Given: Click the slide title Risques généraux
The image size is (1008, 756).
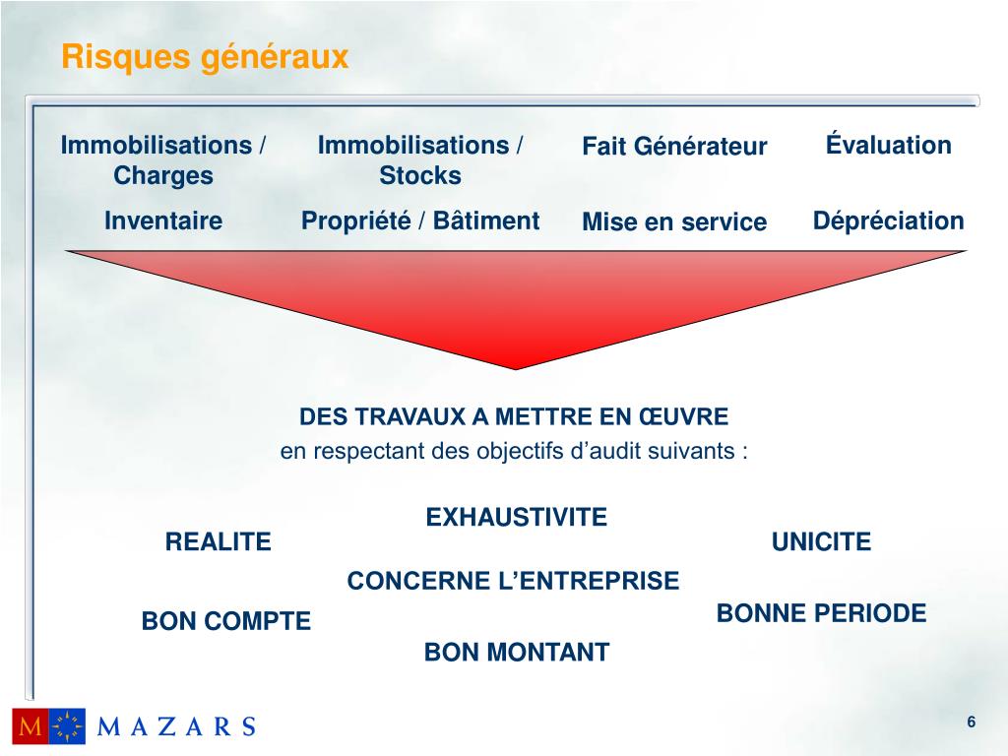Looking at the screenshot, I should (205, 58).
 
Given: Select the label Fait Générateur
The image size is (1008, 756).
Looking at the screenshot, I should (674, 148).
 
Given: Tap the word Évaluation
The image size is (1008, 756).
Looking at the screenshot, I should (889, 146).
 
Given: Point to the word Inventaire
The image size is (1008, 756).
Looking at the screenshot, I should (163, 221).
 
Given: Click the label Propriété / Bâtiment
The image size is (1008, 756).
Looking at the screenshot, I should (420, 221).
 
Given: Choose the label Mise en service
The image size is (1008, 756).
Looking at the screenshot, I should (674, 222).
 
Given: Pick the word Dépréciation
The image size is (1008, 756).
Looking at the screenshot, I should (889, 221).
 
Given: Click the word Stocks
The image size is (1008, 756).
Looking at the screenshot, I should (420, 176).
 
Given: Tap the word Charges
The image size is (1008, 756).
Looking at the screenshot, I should (163, 176).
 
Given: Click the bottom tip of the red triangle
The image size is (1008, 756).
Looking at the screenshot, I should (516, 367).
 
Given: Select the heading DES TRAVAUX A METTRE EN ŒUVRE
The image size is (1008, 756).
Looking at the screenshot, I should (514, 417).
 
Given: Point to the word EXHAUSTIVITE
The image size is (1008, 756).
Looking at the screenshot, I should (517, 517).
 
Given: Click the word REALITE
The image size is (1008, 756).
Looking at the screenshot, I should (218, 542).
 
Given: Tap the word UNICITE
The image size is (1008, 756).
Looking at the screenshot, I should (822, 542).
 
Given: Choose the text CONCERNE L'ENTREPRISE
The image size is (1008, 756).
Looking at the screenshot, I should (513, 582).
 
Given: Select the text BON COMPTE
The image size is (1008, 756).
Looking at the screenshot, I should (226, 621).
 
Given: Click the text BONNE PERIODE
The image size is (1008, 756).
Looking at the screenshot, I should (822, 614).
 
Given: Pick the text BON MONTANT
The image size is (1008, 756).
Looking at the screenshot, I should (517, 652).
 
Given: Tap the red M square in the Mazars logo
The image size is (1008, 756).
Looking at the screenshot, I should (30, 726).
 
